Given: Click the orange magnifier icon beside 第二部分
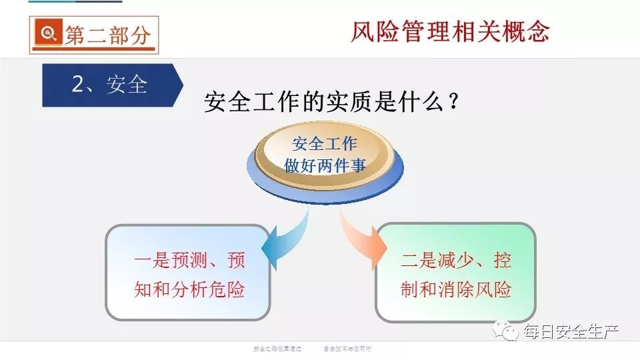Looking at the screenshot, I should coord(48,34).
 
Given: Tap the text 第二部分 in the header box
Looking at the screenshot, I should coord(107,35).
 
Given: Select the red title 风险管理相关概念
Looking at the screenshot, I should coord(450,31).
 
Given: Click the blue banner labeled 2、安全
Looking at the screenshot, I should coord(109,85).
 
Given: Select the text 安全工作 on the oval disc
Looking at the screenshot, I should coord(325,143).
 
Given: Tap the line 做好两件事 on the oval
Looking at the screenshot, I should coord(325,165).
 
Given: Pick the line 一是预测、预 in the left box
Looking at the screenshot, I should coord(189,260).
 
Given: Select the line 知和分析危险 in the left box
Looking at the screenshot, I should coord(189,290).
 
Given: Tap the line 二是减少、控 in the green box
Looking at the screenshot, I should coord(456,260).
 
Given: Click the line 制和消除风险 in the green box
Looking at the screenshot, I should coord(456,290).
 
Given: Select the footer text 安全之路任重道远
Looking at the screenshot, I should coord(277,348).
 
